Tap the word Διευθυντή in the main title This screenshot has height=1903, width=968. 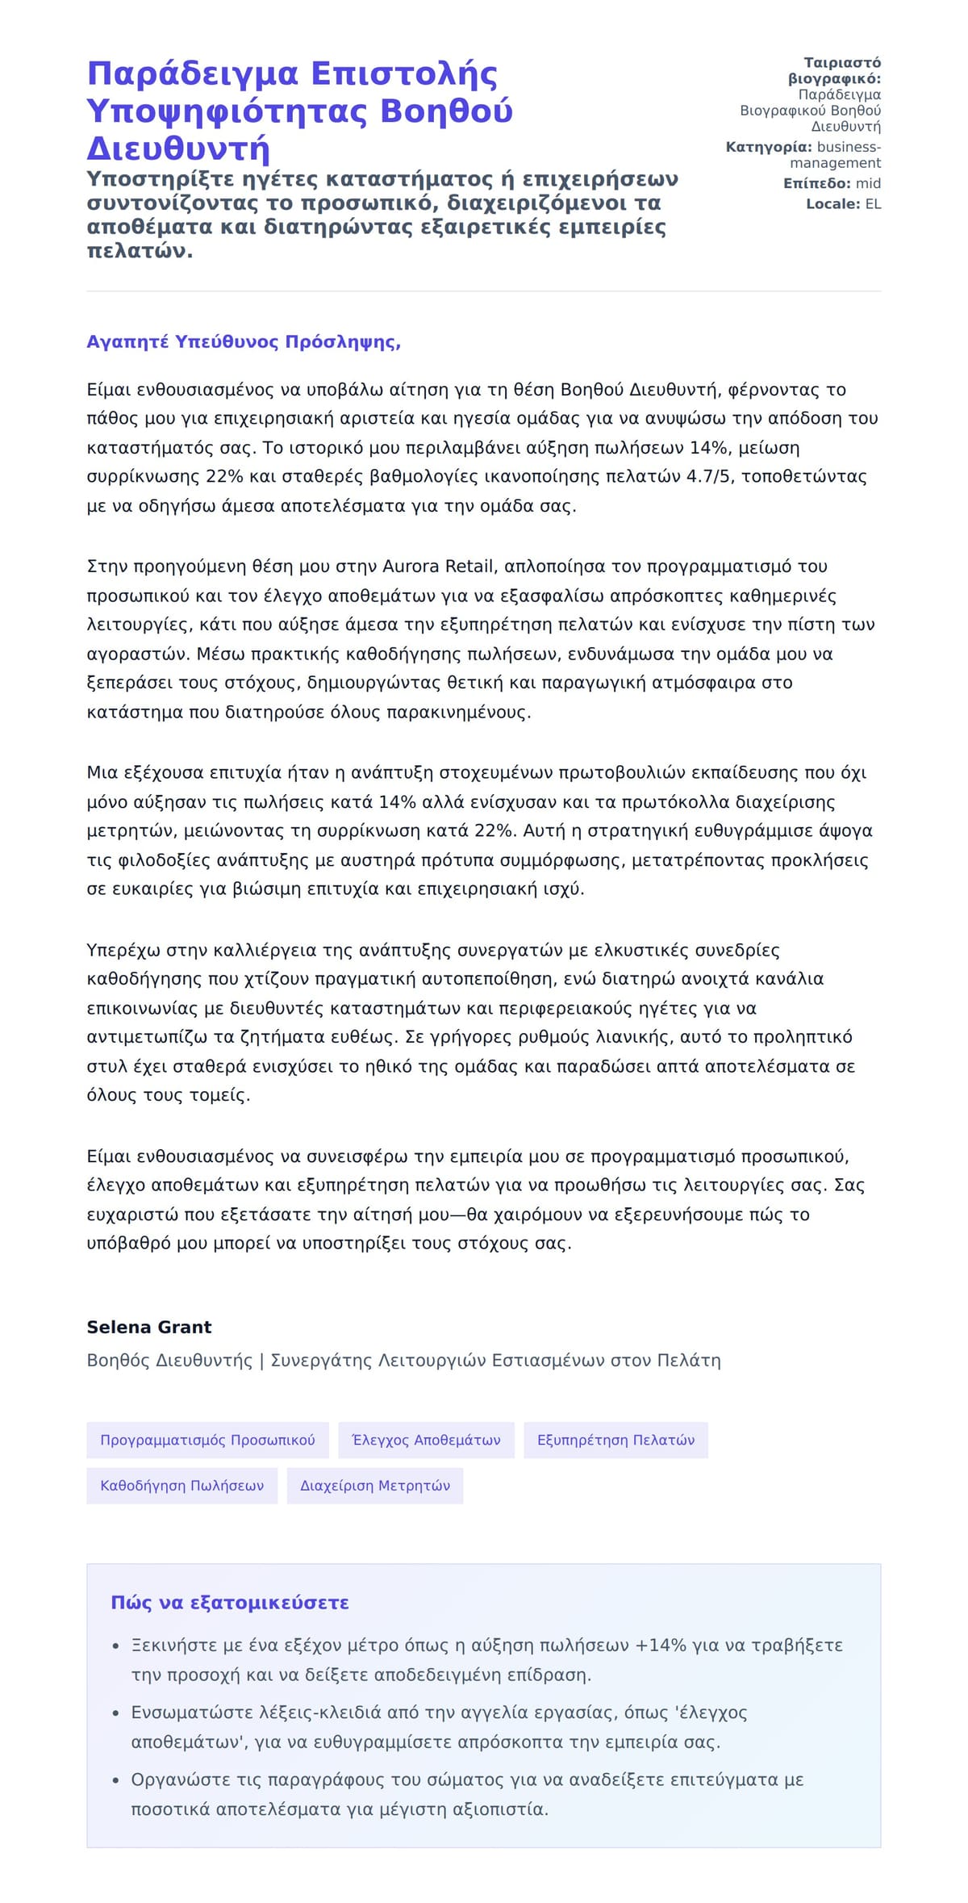(x=178, y=149)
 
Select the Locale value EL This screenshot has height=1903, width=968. (x=873, y=204)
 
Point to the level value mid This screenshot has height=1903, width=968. (x=868, y=184)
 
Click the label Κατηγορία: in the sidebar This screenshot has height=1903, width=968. (x=769, y=147)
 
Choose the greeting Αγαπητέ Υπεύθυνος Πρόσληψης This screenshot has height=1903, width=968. (x=244, y=342)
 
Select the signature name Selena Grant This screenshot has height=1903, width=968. (x=148, y=1328)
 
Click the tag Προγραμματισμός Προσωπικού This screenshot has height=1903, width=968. (x=207, y=1441)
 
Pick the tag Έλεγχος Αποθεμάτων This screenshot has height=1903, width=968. (x=426, y=1441)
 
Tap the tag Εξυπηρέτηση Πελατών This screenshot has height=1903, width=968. (x=615, y=1441)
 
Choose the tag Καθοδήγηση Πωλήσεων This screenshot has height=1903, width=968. (x=181, y=1486)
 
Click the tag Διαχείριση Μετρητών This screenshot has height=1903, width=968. (x=375, y=1486)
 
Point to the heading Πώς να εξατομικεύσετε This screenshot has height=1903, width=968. (x=230, y=1603)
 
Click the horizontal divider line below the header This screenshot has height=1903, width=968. (x=484, y=291)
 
